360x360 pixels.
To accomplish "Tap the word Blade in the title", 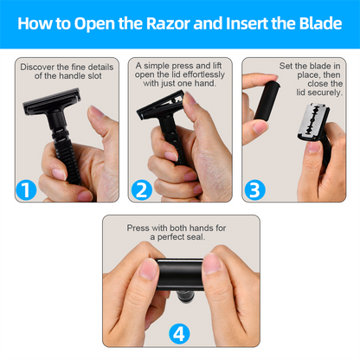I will click(x=314, y=23).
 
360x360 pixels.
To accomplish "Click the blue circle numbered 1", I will click(x=28, y=190).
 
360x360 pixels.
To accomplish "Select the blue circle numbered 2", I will click(x=141, y=190).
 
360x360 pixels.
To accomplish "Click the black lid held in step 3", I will click(x=263, y=97).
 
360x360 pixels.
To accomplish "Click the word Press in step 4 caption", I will click(x=138, y=228).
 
